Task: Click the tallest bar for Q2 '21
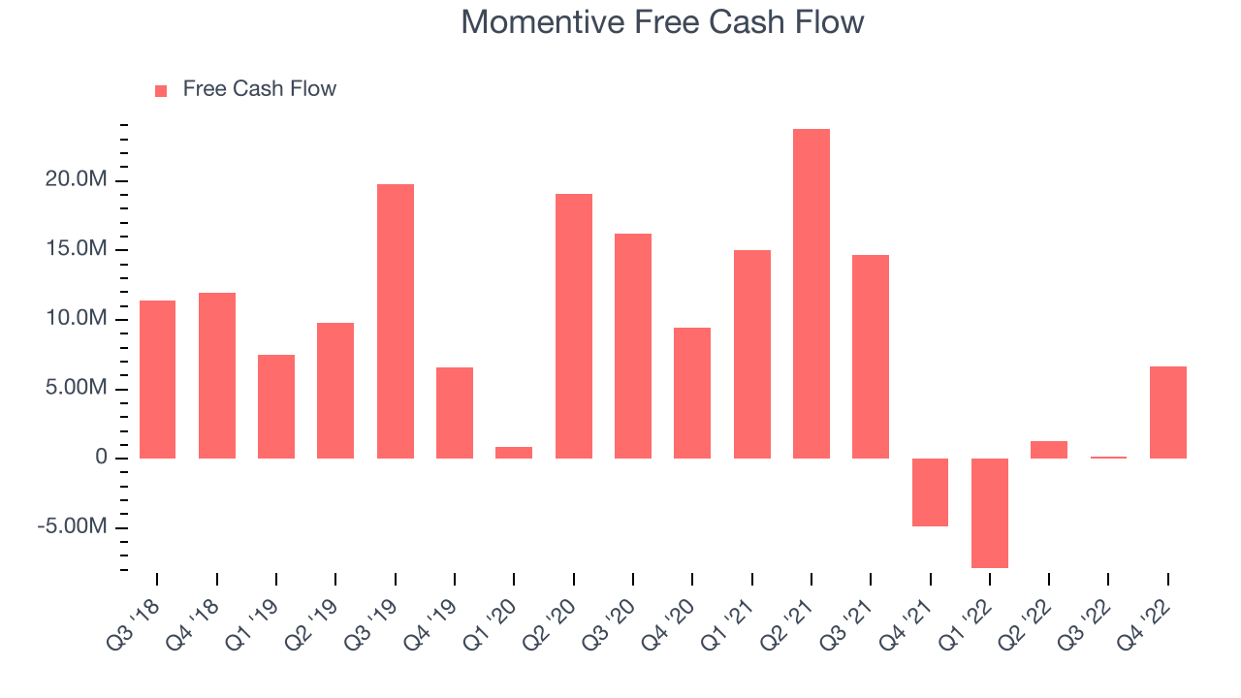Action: click(811, 294)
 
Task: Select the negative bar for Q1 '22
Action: click(990, 513)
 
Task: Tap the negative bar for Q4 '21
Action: click(930, 492)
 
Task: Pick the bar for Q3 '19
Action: click(395, 321)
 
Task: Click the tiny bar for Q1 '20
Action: click(514, 453)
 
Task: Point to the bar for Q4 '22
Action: click(1168, 413)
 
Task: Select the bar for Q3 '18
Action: click(157, 379)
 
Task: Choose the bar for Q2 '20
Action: click(574, 327)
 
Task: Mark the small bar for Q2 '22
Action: click(1049, 450)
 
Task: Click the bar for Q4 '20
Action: click(692, 394)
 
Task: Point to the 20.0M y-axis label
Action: click(76, 179)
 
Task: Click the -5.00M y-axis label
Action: click(72, 525)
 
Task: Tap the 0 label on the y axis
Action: click(101, 457)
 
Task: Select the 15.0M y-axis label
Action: click(76, 248)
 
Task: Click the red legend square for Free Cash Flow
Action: click(161, 91)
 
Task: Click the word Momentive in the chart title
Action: click(542, 22)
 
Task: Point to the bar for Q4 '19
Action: click(455, 413)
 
